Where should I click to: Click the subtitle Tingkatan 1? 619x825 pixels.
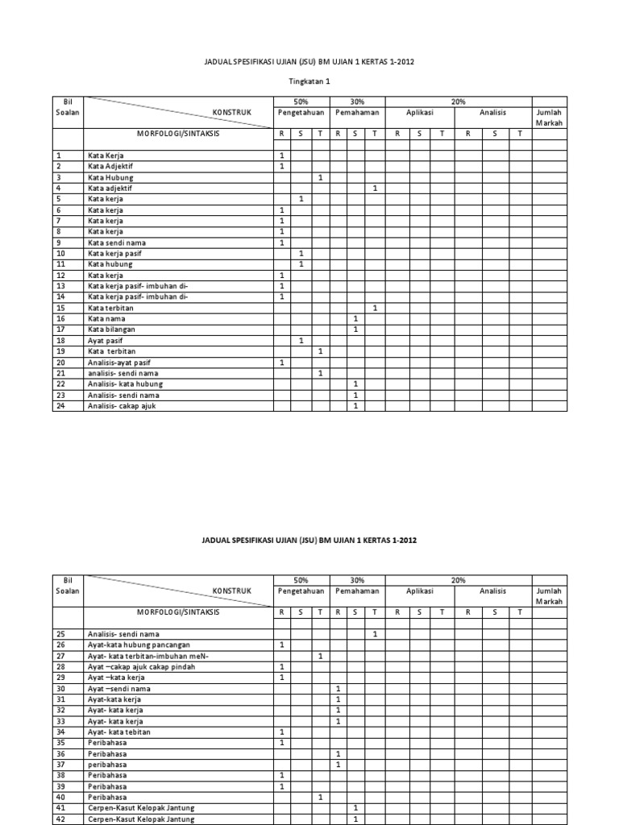point(309,82)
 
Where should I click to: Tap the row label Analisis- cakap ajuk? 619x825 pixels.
point(122,406)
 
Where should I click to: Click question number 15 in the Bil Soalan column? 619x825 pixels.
point(60,308)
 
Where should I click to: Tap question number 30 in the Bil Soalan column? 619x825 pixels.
point(60,689)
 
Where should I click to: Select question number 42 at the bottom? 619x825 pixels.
point(60,819)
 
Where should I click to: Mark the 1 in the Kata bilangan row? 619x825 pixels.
point(355,330)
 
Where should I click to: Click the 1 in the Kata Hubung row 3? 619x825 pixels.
point(320,177)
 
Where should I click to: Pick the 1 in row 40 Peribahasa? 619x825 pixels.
point(320,798)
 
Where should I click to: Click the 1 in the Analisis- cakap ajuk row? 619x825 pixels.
point(355,406)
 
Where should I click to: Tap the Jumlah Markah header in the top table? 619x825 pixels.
point(549,118)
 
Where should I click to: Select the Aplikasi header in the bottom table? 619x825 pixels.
point(419,591)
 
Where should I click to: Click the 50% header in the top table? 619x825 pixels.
point(301,102)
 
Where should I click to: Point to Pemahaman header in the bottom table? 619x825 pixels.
point(357,591)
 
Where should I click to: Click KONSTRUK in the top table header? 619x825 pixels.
point(231,113)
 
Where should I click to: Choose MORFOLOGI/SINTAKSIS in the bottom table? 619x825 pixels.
point(179,612)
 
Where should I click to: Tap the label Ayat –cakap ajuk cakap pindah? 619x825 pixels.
point(141,667)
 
